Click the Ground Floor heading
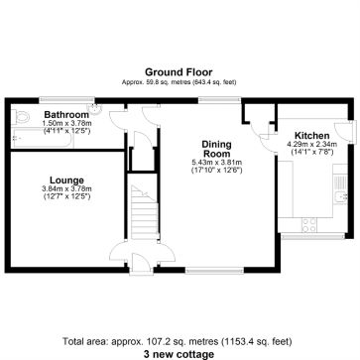(179, 71)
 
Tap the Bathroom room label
(65, 115)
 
